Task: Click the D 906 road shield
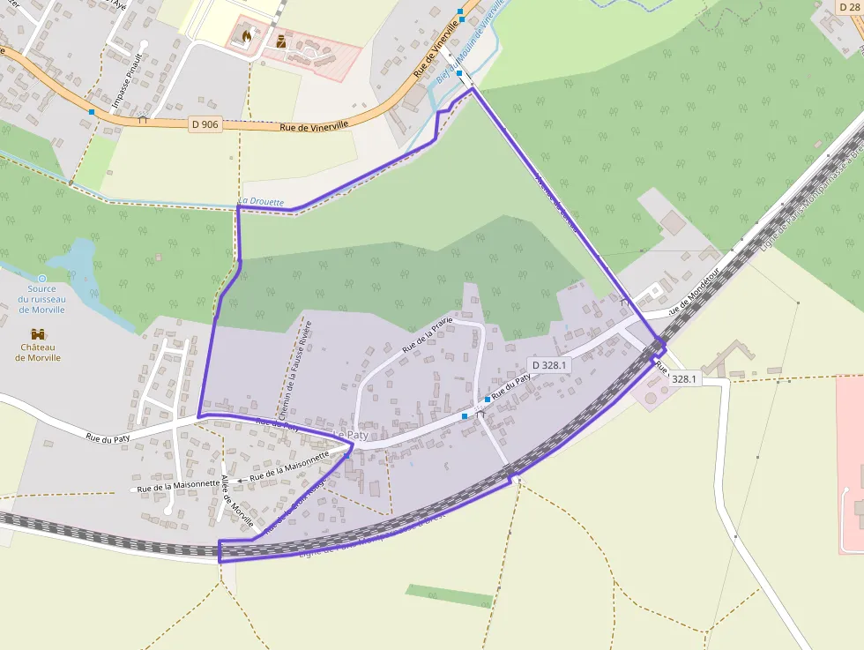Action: click(205, 124)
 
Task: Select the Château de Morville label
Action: click(37, 353)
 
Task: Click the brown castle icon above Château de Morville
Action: click(38, 334)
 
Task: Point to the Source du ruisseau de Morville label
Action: click(41, 299)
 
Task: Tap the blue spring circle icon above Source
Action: click(41, 279)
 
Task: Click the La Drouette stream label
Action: click(262, 202)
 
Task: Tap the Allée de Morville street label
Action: click(235, 500)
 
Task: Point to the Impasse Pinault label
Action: click(125, 81)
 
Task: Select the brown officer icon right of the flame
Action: click(281, 41)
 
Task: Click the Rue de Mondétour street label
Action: click(693, 294)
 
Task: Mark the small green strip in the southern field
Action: click(450, 595)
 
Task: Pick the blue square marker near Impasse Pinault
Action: click(92, 112)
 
